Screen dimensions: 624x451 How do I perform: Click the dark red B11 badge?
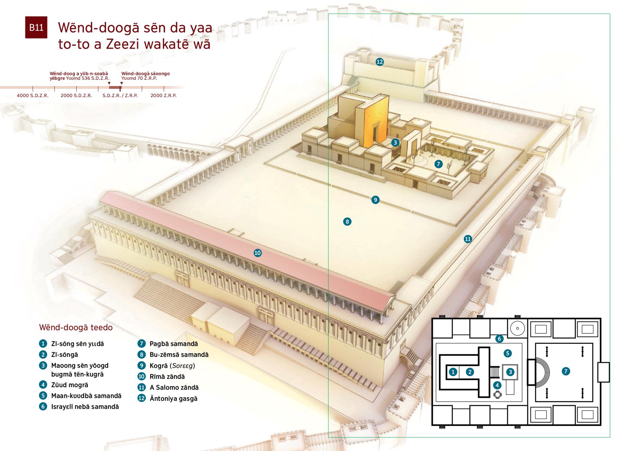[x=36, y=27]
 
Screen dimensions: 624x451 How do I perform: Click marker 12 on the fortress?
[x=380, y=62]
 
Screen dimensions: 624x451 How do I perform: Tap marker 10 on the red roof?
[x=258, y=253]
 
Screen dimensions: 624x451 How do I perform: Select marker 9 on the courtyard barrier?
[x=375, y=200]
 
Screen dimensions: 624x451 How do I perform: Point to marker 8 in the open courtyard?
[x=347, y=221]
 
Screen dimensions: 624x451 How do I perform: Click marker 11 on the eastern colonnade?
[x=468, y=239]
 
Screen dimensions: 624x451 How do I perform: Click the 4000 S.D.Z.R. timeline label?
[x=33, y=95]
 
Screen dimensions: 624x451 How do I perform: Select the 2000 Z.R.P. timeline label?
[x=164, y=95]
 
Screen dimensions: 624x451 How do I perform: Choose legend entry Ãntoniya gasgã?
[x=173, y=398]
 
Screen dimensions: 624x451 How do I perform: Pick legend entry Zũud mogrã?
[x=70, y=385]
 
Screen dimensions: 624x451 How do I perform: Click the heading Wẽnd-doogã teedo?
[x=76, y=327]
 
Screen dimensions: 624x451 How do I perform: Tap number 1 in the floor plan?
[x=453, y=372]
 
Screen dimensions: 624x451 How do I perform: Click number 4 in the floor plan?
[x=497, y=385]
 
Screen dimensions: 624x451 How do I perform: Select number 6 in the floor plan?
[x=499, y=339]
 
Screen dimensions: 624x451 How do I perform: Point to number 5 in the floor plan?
[x=508, y=353]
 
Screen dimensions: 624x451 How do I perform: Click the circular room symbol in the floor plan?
[x=517, y=328]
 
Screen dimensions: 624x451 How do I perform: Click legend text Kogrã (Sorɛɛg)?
[x=172, y=366]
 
